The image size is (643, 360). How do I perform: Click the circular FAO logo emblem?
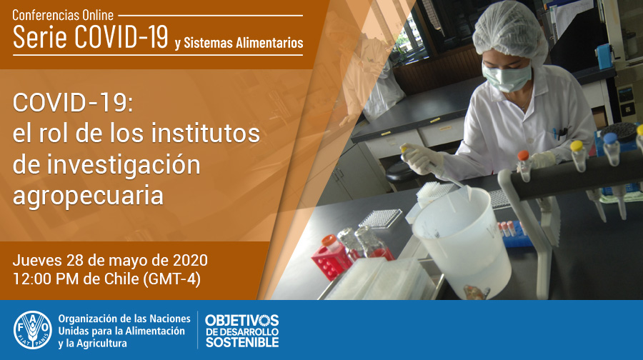coord(33,330)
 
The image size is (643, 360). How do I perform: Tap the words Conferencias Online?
coord(63,15)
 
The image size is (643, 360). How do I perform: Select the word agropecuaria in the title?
coord(88,196)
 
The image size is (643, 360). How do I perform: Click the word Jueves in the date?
coord(37,261)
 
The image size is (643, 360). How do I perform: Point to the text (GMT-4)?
coord(171,279)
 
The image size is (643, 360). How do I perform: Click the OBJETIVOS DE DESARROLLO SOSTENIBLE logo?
coord(242,331)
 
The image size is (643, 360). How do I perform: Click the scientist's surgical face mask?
coord(507,77)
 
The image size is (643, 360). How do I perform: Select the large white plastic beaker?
coord(462,241)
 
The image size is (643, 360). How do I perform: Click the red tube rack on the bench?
coord(332,261)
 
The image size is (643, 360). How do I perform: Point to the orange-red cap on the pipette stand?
coord(523,156)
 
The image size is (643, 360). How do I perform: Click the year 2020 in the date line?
coord(190,261)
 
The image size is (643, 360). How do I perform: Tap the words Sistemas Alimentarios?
coord(243,43)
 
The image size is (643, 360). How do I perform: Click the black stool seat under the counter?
coord(402,173)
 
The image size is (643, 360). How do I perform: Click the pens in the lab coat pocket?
coord(559,133)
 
